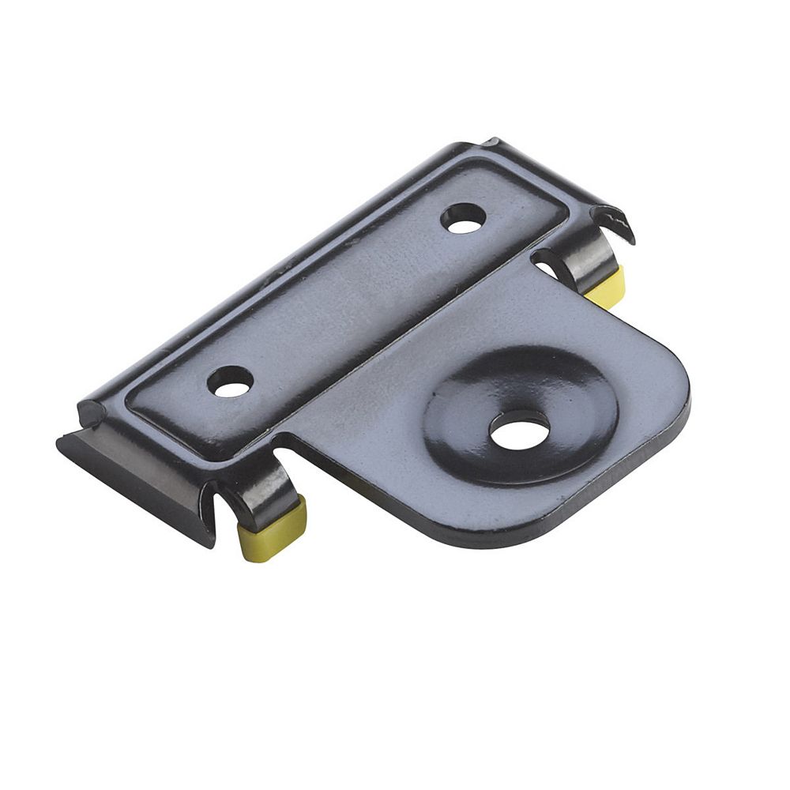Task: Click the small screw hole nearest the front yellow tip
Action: (231, 382)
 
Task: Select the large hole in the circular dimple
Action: (519, 430)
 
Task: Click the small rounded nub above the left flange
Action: (88, 412)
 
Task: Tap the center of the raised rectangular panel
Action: (348, 300)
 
